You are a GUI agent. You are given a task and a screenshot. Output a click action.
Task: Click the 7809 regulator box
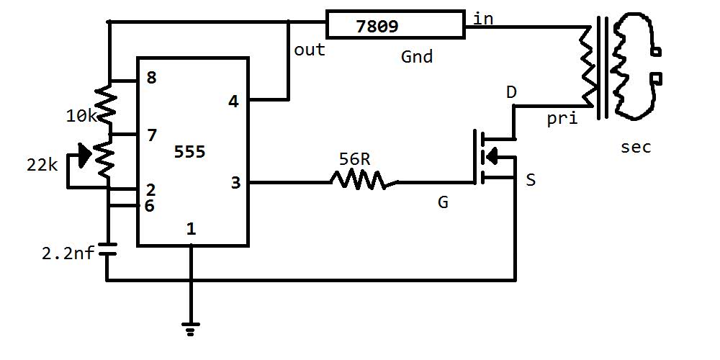coord(395,24)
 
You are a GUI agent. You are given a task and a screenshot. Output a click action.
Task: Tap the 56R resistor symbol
coord(363,180)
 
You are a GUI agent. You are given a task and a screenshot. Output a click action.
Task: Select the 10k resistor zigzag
coord(107,105)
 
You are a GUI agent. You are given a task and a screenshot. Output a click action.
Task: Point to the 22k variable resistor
coord(104,160)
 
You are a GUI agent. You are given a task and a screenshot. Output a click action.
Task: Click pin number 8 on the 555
coord(151,78)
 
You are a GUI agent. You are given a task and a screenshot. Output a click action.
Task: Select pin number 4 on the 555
coord(233,102)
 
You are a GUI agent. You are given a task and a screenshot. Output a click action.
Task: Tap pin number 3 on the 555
coord(235,183)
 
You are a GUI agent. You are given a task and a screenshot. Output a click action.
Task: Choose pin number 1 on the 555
coord(190,229)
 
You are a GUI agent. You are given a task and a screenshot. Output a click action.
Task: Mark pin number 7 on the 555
coord(151,135)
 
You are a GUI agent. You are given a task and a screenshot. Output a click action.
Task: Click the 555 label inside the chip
coord(190,152)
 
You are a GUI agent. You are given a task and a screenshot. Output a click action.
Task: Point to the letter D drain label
coord(511,93)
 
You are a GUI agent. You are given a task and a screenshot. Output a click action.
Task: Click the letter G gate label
coord(443,203)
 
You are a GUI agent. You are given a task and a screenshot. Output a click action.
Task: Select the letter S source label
coord(531,180)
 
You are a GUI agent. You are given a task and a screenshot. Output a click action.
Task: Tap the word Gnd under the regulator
coord(417,56)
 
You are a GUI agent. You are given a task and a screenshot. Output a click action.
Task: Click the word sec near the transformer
coord(635,148)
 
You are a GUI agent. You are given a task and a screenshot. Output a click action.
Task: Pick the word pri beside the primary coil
coord(562,120)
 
